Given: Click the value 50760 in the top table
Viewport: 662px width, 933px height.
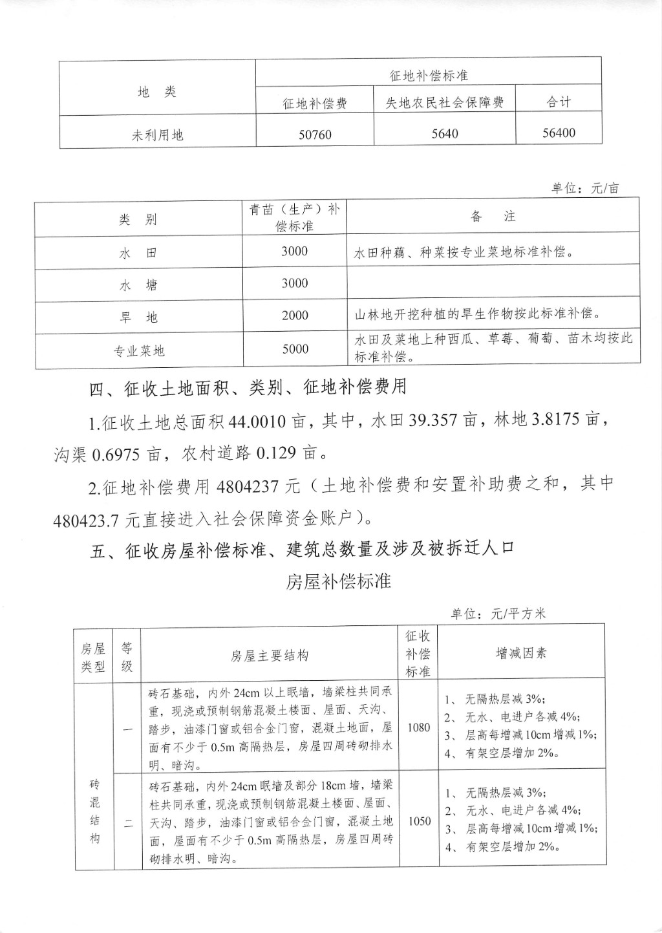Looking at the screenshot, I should (315, 134).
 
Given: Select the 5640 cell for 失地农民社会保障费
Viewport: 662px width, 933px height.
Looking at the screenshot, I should (444, 134).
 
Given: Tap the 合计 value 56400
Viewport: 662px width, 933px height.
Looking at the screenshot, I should (559, 133).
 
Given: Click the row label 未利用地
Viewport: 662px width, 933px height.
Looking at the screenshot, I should (158, 135).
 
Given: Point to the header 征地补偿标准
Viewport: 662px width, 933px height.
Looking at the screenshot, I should (429, 76).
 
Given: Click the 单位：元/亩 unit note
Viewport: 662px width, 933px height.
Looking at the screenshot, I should (585, 188).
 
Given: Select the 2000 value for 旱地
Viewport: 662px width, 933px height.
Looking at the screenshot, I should (295, 316).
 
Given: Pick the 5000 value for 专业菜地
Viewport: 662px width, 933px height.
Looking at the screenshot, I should (295, 349).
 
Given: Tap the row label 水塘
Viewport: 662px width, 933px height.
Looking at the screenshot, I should (138, 285).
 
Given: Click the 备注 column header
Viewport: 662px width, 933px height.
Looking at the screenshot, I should (493, 217).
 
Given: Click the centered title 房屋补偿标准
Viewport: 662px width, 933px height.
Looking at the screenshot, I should (339, 581).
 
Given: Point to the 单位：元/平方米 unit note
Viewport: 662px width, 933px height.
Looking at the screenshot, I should (498, 613).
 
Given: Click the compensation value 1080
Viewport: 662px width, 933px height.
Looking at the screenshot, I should (418, 727).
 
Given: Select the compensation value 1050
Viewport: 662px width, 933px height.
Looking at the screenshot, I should (419, 821).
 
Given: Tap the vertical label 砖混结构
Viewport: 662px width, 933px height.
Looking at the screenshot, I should (94, 811).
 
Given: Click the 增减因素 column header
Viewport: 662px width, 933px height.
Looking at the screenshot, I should (521, 653).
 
